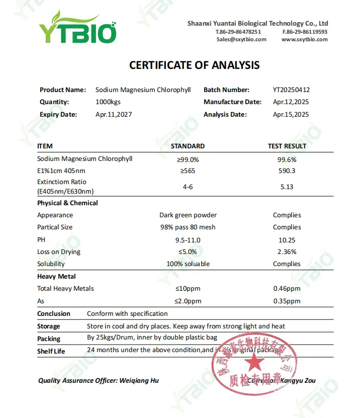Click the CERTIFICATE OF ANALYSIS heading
click(195, 65)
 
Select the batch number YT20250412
click(291, 90)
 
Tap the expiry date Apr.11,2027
click(114, 114)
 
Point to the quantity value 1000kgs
click(108, 102)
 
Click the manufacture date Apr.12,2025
click(291, 102)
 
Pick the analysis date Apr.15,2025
click(291, 114)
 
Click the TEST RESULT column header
click(287, 146)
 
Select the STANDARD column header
click(188, 146)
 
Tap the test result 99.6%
click(287, 159)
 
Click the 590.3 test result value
click(287, 171)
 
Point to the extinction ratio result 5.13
click(287, 187)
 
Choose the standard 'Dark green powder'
click(188, 215)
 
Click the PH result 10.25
click(287, 239)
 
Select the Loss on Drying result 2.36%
click(287, 252)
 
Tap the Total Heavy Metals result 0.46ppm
click(287, 289)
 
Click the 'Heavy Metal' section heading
click(56, 276)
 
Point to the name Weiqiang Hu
click(139, 381)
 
